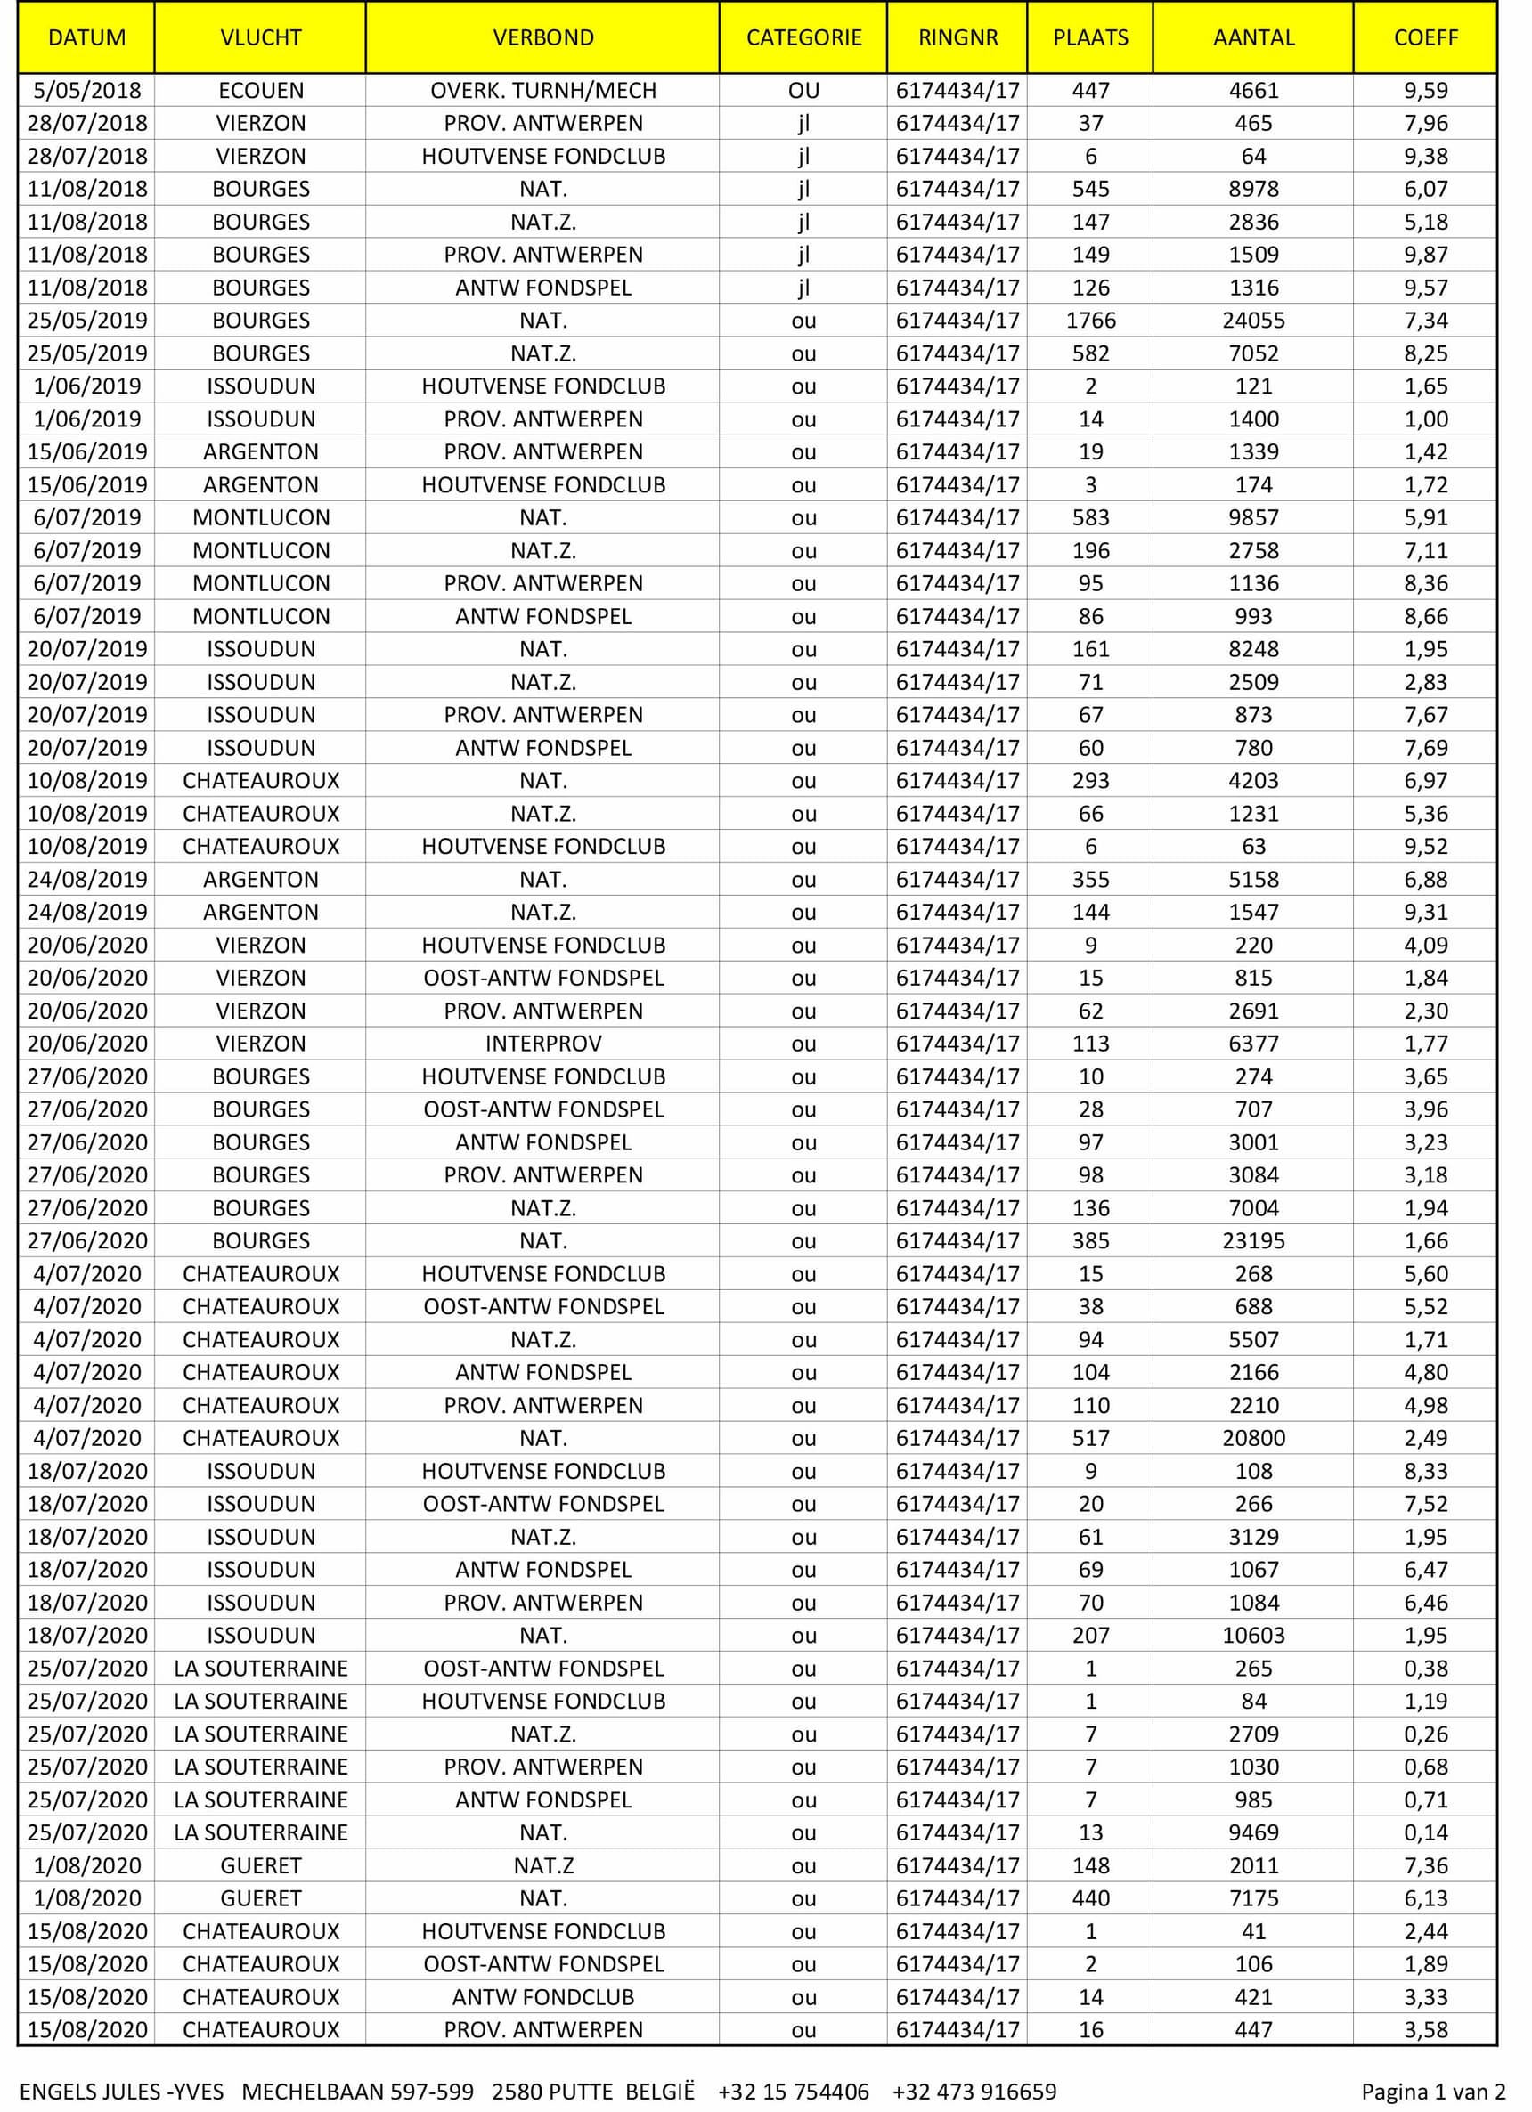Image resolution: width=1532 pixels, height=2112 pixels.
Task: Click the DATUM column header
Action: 86,38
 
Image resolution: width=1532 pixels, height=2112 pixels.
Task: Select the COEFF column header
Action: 1425,38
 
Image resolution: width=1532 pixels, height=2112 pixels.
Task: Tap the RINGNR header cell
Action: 957,38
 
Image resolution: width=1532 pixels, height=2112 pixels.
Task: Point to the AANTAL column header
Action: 1252,38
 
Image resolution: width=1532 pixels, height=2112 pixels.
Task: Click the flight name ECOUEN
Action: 261,90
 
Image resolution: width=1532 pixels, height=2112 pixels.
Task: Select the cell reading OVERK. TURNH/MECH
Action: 543,90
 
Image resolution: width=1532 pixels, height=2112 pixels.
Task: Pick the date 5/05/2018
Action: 86,90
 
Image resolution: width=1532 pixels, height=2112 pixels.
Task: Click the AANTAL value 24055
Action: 1252,321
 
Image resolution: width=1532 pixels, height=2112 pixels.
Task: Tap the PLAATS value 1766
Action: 1089,321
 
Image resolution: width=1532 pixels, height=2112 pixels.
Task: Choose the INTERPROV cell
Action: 543,1044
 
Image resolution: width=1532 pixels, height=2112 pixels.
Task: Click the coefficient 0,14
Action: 1425,1832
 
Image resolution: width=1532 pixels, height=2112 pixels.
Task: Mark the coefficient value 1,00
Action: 1425,419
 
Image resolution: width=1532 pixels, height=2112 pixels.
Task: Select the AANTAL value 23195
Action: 1252,1241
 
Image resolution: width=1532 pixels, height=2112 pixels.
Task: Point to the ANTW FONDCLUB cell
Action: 543,1997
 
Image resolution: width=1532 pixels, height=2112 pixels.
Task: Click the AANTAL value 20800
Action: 1252,1438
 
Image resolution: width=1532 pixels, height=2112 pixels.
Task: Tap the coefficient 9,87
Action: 1425,255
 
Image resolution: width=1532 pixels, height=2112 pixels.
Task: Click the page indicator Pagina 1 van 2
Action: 1432,2092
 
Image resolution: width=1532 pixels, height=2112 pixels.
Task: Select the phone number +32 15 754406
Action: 793,2092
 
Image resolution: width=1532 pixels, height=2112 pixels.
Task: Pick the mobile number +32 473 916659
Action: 974,2092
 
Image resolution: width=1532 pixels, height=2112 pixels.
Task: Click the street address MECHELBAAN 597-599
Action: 358,2092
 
